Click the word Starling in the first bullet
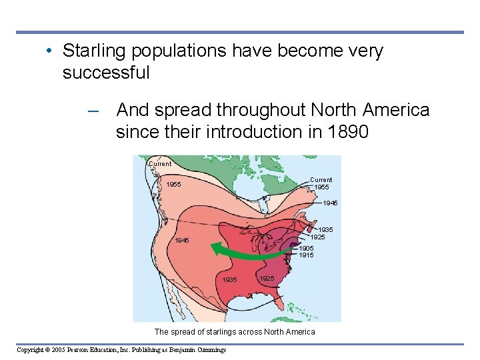click(x=90, y=51)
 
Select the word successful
click(x=106, y=73)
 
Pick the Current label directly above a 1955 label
click(x=321, y=180)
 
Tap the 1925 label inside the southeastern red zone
click(x=267, y=278)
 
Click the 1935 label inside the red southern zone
click(x=230, y=280)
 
